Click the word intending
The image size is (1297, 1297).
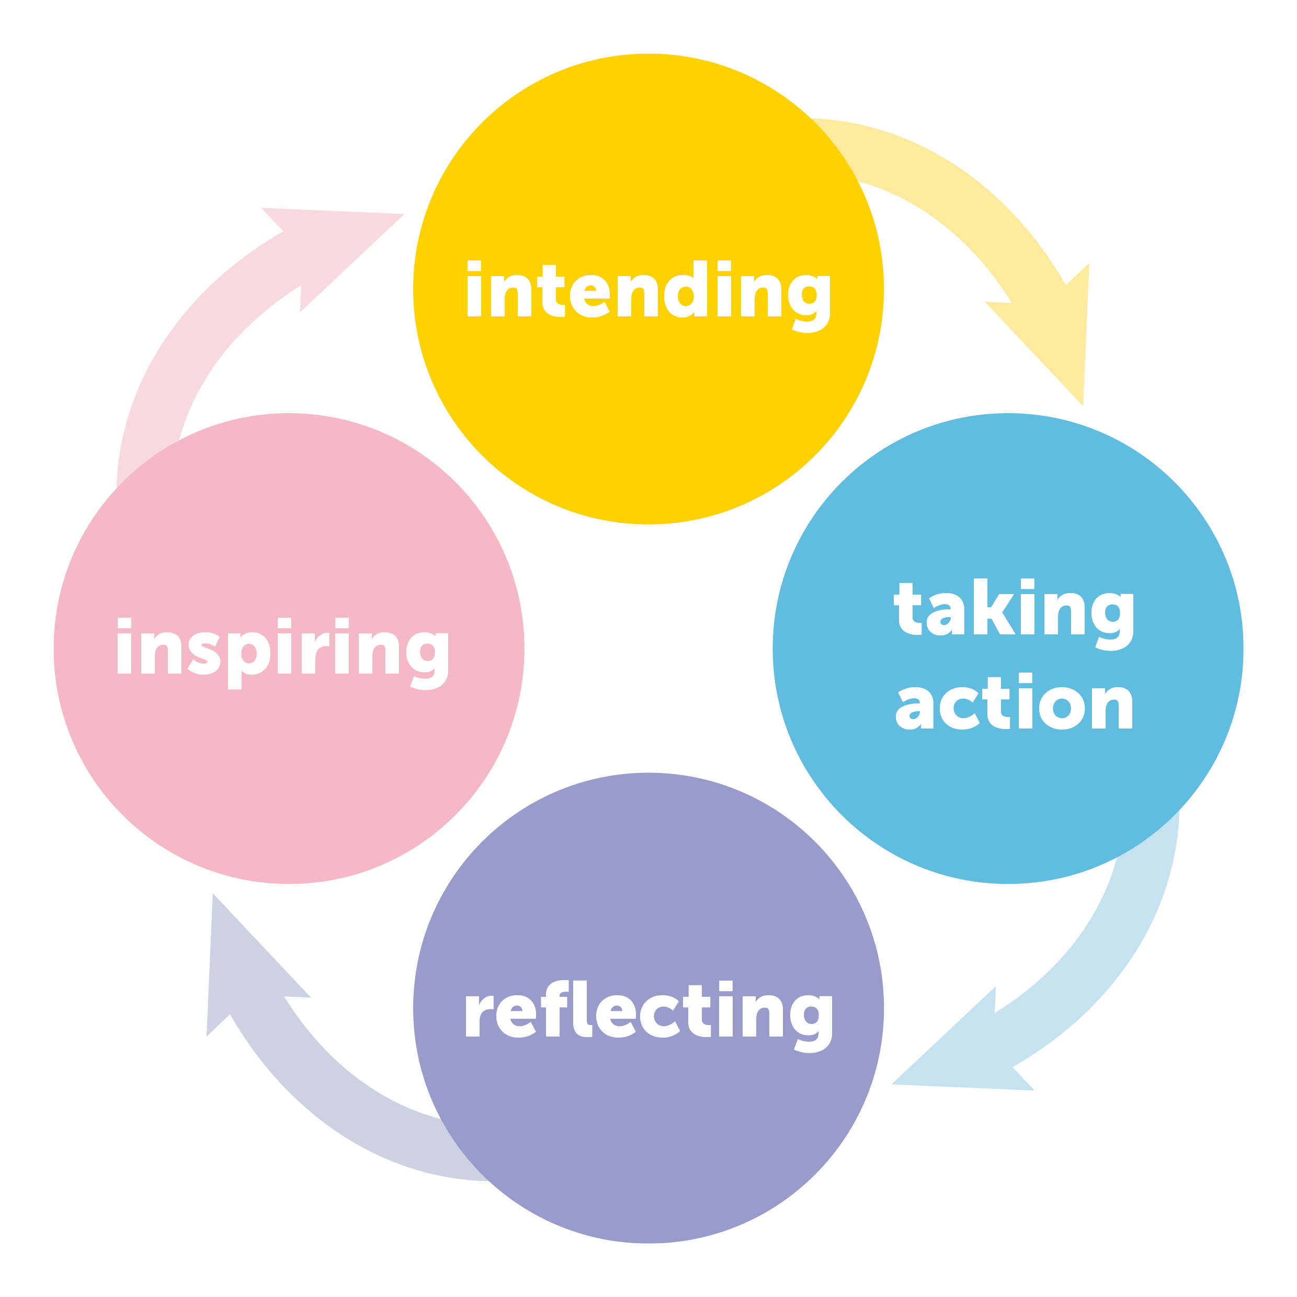point(648,293)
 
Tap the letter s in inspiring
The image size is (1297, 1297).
point(204,653)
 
